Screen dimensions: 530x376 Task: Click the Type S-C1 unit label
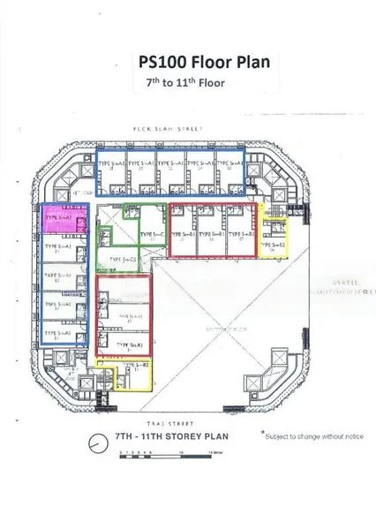tap(120, 259)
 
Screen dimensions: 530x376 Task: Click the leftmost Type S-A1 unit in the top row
tap(111, 166)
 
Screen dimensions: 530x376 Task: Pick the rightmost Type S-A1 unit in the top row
tap(231, 166)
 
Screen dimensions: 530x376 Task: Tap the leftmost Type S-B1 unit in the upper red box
tap(184, 233)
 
